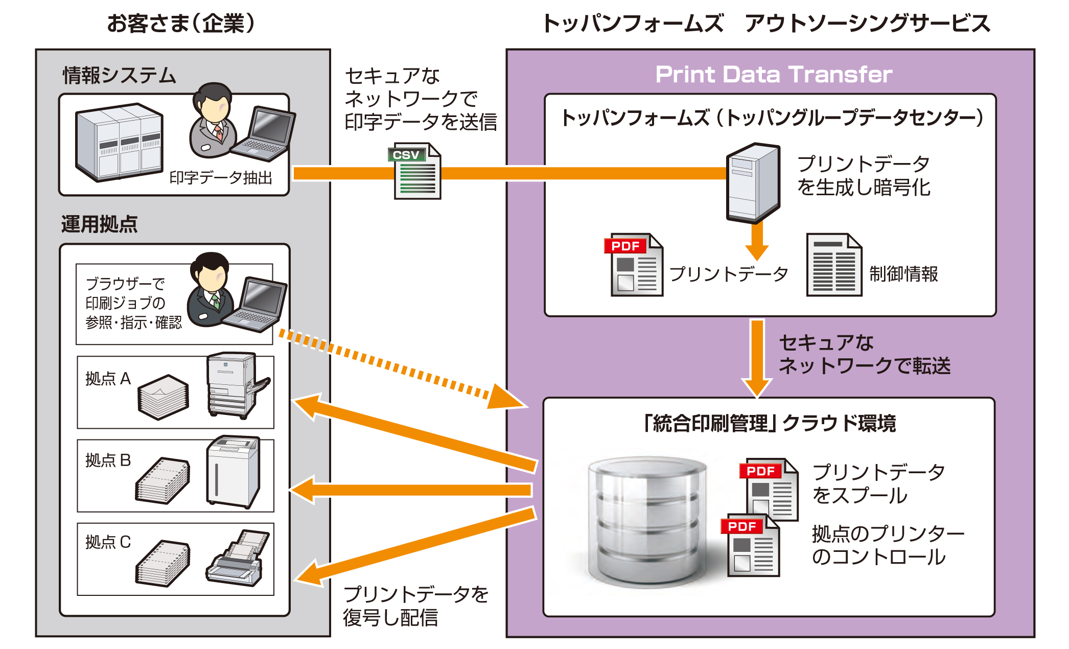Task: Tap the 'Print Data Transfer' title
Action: coord(774,75)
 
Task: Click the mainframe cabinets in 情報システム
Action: coord(119,142)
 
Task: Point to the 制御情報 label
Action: coord(903,274)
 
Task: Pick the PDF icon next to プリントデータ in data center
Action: coord(634,265)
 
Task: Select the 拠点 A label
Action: coord(108,379)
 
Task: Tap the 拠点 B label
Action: coord(108,460)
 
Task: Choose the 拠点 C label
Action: coord(108,542)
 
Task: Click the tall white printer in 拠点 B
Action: coord(233,471)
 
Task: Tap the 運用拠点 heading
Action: coord(99,224)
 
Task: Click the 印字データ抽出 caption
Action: coord(221,178)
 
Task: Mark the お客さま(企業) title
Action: coord(181,24)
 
